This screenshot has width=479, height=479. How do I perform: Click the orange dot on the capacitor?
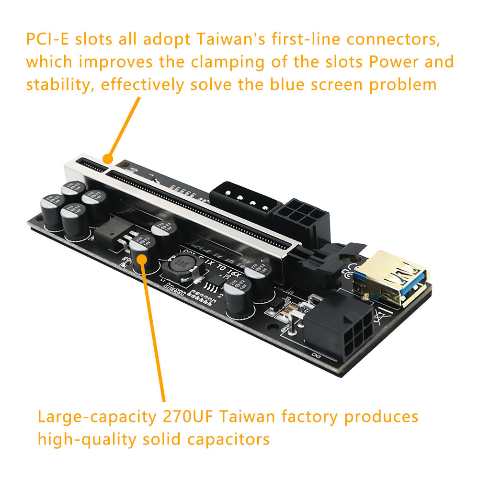point(142,258)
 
